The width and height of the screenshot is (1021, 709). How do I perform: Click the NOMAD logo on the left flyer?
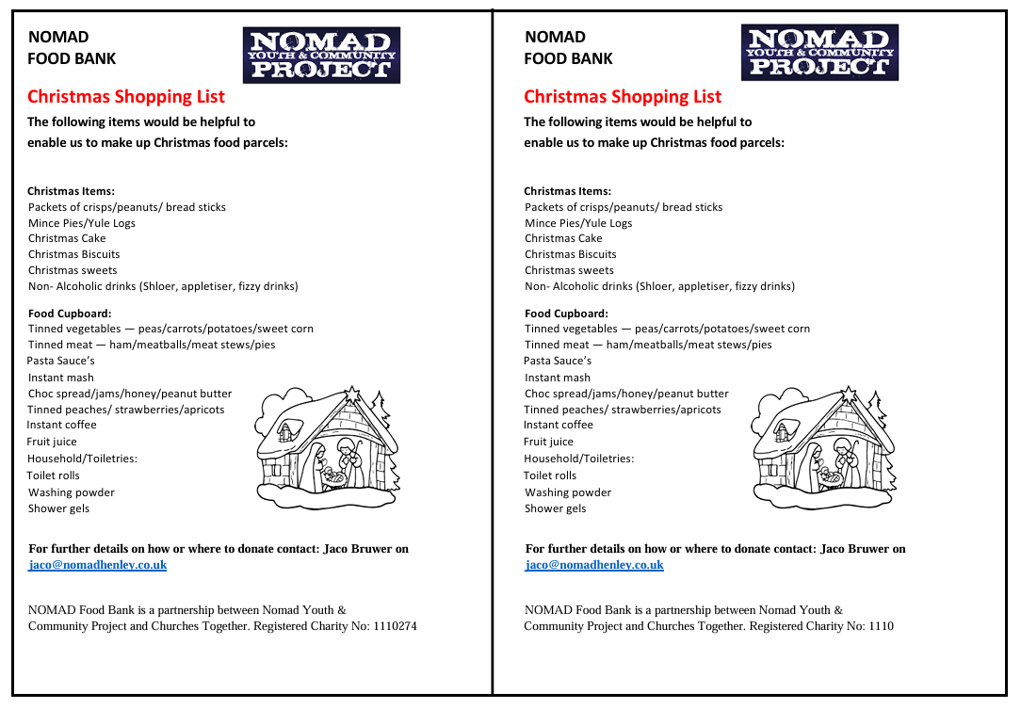[x=321, y=55]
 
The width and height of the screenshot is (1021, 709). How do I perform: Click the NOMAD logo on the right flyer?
[x=819, y=53]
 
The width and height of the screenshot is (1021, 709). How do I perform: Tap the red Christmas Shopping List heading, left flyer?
[x=126, y=96]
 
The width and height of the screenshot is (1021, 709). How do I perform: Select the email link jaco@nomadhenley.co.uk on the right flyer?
[x=594, y=565]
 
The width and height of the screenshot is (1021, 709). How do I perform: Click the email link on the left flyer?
[x=98, y=565]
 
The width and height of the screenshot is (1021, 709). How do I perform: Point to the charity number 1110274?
[x=395, y=626]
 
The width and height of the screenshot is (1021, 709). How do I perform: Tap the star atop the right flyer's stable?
[x=849, y=392]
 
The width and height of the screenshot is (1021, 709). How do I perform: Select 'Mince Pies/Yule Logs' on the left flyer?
[x=82, y=223]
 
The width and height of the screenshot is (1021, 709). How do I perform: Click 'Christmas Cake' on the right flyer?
[x=563, y=238]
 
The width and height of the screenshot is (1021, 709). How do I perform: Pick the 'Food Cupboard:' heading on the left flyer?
[x=70, y=314]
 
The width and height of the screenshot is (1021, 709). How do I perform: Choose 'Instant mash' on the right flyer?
[x=558, y=378]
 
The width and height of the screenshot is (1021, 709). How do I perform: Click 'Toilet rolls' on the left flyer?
[x=54, y=475]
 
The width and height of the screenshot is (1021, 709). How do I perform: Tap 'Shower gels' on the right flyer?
[x=555, y=508]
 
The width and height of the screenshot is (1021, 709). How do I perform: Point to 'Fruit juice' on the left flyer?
[x=52, y=442]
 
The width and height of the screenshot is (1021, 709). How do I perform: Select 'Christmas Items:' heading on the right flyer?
[x=567, y=191]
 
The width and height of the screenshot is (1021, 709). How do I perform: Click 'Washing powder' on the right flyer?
[x=568, y=492]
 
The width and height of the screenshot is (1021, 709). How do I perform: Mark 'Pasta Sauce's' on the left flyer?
[x=61, y=361]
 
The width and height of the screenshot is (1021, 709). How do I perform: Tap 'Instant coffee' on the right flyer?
[x=559, y=425]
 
